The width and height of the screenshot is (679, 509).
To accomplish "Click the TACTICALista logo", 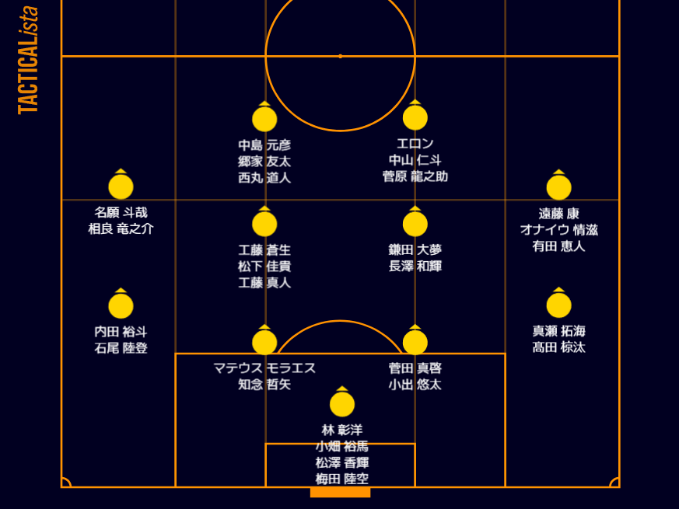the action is (28, 61).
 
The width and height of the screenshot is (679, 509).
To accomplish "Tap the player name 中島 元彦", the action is (264, 145).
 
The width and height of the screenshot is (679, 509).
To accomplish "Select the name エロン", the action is (415, 144).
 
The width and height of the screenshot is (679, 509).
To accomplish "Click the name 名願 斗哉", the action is (121, 212).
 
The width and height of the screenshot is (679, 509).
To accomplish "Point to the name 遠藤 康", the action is (558, 213).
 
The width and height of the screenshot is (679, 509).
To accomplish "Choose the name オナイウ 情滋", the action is (558, 229).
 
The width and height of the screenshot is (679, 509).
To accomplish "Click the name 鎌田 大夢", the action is (415, 249).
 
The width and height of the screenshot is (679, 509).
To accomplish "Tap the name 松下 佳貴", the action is (264, 266).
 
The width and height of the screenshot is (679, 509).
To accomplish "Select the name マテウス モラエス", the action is (264, 368).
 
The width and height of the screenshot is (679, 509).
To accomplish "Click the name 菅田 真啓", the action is (415, 368).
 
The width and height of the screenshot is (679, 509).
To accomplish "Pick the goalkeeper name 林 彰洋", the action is (341, 430).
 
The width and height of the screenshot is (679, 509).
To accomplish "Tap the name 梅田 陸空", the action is (341, 479).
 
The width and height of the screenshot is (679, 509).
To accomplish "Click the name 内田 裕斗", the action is (121, 331).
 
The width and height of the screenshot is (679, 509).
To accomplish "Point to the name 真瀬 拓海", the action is (558, 331).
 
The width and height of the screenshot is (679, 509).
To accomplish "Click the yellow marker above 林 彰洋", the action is (341, 404).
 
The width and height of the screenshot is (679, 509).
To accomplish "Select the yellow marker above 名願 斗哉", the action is (121, 187).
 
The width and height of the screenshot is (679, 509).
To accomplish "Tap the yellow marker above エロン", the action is (415, 117).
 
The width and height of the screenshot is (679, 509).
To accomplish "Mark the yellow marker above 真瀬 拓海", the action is (558, 305).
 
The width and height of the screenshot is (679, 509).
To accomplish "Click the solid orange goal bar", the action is (340, 492).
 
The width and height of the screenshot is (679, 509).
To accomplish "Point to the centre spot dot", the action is (340, 56).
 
